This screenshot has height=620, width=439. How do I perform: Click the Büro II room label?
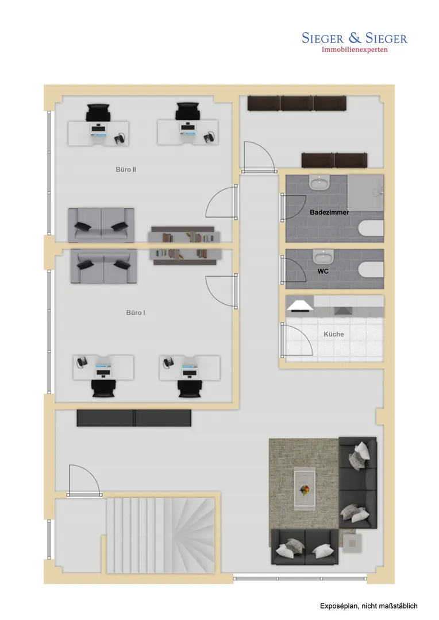(126, 169)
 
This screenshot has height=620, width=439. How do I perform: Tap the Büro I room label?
(136, 313)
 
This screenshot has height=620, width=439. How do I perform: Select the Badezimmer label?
(329, 212)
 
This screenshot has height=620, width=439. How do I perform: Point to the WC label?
(323, 271)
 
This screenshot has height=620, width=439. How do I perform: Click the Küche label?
(334, 334)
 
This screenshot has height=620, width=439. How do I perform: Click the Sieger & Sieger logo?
(355, 38)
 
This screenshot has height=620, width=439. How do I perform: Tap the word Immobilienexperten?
(355, 49)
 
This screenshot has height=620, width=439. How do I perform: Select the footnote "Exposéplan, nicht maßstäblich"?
(368, 606)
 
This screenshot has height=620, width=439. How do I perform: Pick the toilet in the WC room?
(371, 269)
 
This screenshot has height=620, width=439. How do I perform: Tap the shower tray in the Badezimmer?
(365, 192)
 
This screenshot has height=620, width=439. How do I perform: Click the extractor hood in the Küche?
(301, 305)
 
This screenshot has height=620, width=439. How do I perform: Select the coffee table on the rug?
(305, 489)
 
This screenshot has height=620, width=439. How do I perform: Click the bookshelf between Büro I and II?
(184, 246)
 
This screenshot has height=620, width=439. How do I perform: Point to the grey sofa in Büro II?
(101, 225)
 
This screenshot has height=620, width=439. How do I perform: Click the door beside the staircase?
(84, 479)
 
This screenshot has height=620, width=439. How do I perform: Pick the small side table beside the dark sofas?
(352, 542)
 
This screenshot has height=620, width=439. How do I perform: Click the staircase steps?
(160, 535)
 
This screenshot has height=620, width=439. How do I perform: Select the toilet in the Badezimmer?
(371, 228)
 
